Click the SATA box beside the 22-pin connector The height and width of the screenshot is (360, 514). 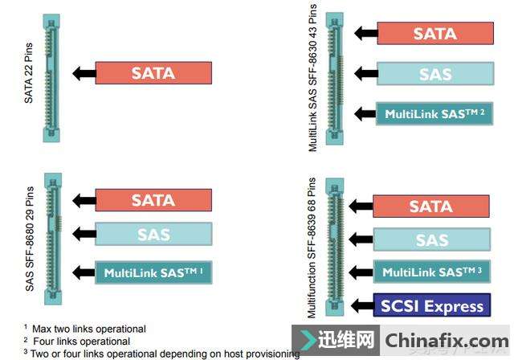click(153, 73)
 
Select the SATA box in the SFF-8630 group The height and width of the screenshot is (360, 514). click(434, 33)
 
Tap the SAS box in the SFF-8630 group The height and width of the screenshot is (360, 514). click(434, 74)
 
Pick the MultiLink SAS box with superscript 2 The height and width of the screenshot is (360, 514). click(434, 114)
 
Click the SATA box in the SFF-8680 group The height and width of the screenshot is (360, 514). click(153, 200)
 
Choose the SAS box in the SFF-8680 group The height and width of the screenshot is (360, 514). click(153, 235)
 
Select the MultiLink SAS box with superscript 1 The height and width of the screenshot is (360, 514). click(153, 272)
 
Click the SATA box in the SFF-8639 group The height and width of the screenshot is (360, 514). click(431, 206)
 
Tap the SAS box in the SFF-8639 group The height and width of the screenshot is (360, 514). click(431, 239)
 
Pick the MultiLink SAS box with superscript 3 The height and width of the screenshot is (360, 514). click(431, 272)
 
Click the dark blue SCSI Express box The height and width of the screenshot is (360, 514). click(431, 306)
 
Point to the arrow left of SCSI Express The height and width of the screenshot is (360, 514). click(361, 306)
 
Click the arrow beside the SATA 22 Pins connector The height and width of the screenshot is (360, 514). click(82, 73)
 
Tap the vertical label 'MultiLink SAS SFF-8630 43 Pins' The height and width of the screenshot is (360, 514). click(313, 77)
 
